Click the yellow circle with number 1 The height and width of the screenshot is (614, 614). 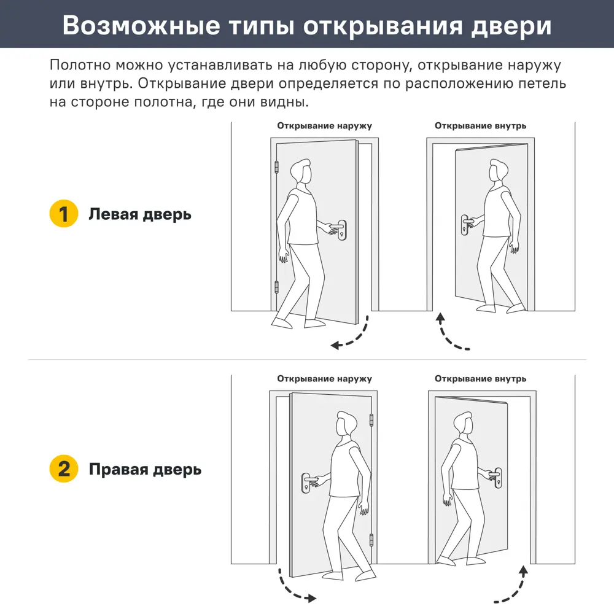coord(63,214)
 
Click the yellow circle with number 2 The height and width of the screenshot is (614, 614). coord(63,470)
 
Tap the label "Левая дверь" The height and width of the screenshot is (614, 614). coord(140,214)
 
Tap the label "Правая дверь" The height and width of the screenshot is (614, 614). coord(145,470)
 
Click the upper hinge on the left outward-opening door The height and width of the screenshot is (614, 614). coord(276,167)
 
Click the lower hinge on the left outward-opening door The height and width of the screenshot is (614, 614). coord(276,286)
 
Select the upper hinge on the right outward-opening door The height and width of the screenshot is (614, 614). coord(371,420)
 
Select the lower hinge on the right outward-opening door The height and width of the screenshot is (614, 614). coord(371,540)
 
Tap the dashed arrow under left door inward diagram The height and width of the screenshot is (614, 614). coord(451,335)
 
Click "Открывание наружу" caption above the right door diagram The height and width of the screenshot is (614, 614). coord(324,379)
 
